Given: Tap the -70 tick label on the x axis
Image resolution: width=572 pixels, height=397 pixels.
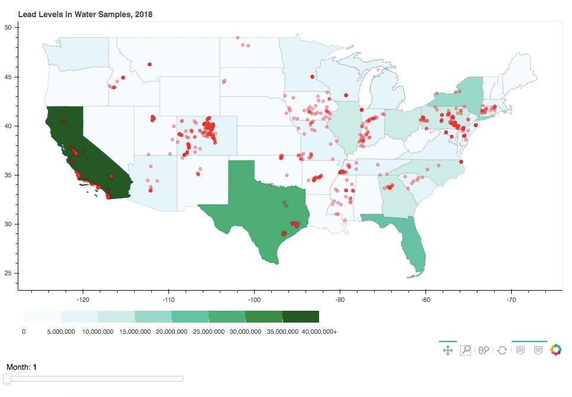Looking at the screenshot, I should [x=511, y=300].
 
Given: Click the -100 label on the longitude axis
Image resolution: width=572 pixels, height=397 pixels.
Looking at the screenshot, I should [x=254, y=300].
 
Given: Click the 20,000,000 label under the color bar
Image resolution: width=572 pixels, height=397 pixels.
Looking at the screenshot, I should [x=172, y=332].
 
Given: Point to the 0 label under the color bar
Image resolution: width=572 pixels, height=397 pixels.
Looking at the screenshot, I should [x=24, y=332].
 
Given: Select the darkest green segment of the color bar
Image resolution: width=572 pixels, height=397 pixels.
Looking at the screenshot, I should [x=301, y=317].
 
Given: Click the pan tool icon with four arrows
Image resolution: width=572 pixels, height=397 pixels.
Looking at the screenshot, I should [x=448, y=350].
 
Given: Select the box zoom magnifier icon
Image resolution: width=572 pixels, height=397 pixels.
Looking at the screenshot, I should [x=466, y=350].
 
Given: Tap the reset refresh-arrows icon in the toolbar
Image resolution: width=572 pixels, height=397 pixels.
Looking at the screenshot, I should [x=502, y=350].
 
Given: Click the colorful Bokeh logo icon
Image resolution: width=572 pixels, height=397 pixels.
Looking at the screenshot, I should [x=556, y=350].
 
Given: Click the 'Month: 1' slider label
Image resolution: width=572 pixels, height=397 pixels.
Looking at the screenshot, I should [x=21, y=367].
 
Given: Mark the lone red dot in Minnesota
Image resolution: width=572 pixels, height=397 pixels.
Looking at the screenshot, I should [x=312, y=76].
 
